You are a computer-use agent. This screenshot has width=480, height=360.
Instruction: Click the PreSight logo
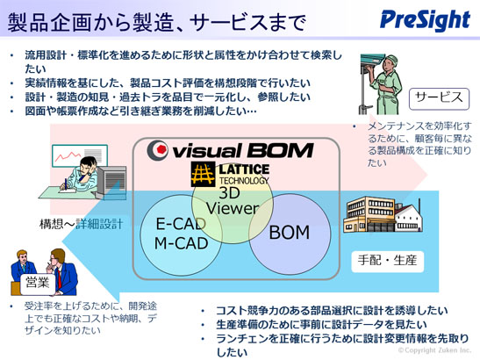point(425,20)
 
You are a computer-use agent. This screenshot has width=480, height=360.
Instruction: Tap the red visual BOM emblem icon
point(158,150)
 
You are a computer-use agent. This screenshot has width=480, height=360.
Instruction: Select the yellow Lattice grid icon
point(203,175)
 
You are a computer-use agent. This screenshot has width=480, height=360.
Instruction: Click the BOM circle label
point(290,232)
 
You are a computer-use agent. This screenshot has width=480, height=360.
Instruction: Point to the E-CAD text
point(181,224)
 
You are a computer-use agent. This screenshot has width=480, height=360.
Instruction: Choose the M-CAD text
point(182,243)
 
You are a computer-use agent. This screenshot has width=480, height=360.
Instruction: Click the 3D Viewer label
point(233,201)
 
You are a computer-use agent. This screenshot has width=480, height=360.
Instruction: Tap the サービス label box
point(439,98)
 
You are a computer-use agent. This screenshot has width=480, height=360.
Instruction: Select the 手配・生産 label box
point(387,262)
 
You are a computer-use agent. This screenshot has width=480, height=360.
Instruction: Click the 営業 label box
point(38,284)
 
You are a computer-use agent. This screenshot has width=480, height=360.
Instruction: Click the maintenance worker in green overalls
point(386,84)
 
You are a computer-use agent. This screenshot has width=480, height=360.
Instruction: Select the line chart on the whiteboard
point(68,155)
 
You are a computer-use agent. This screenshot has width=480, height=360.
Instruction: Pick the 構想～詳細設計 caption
point(81,224)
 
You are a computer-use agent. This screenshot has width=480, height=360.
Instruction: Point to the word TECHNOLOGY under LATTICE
point(244,181)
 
